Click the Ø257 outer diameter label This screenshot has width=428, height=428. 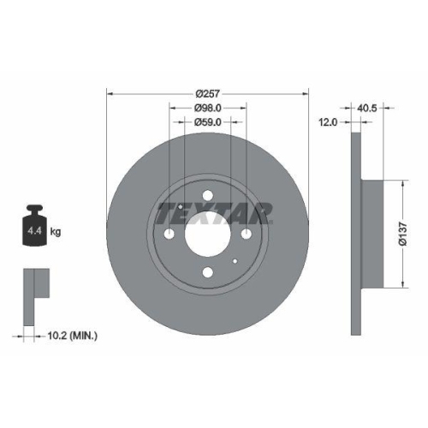[208, 93]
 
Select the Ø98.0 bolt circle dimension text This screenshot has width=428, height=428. [208, 108]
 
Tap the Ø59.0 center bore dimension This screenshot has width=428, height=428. [208, 123]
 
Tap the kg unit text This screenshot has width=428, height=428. [55, 231]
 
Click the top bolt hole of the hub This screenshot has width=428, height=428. [208, 195]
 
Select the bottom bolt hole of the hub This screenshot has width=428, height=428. [208, 273]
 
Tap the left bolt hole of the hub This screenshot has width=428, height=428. [169, 234]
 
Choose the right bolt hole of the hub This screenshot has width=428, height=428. [247, 234]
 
